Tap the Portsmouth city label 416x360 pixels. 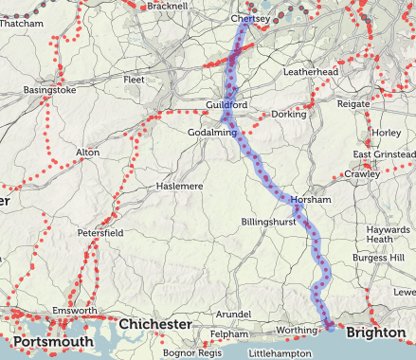(x=53, y=342)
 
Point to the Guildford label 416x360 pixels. (x=226, y=103)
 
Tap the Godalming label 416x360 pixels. (x=212, y=132)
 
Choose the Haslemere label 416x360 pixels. (x=180, y=187)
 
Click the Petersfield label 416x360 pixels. (x=101, y=232)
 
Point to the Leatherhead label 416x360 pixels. (x=312, y=71)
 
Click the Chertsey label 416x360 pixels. (x=252, y=18)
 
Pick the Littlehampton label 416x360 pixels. (x=279, y=352)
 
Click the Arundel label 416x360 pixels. (x=232, y=314)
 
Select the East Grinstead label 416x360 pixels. (x=384, y=154)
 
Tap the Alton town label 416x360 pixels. (x=87, y=152)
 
